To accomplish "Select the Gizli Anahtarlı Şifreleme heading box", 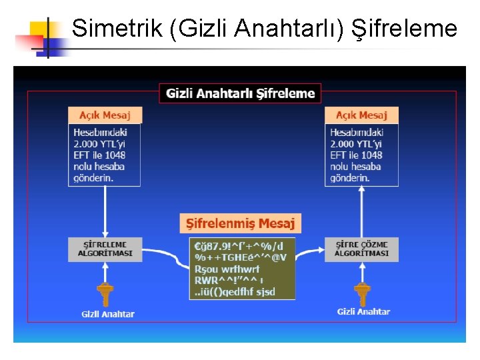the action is pyautogui.click(x=240, y=93).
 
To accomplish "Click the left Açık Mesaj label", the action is pyautogui.click(x=105, y=115).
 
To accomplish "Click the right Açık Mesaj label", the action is pyautogui.click(x=361, y=115).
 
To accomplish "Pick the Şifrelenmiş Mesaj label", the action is pyautogui.click(x=241, y=223).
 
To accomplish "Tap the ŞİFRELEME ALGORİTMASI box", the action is pyautogui.click(x=105, y=249).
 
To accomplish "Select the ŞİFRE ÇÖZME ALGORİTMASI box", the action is pyautogui.click(x=361, y=249).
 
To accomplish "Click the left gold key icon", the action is pyautogui.click(x=105, y=293).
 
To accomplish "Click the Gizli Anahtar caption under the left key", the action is pyautogui.click(x=108, y=314).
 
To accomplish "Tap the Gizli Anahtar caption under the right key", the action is pyautogui.click(x=363, y=311).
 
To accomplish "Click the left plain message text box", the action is pyautogui.click(x=105, y=155).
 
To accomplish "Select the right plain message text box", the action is pyautogui.click(x=361, y=155).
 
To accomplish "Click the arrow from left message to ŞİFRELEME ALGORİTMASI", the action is pyautogui.click(x=105, y=211).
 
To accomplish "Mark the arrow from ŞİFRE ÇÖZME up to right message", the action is pyautogui.click(x=362, y=211).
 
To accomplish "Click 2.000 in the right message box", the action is pyautogui.click(x=343, y=143).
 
